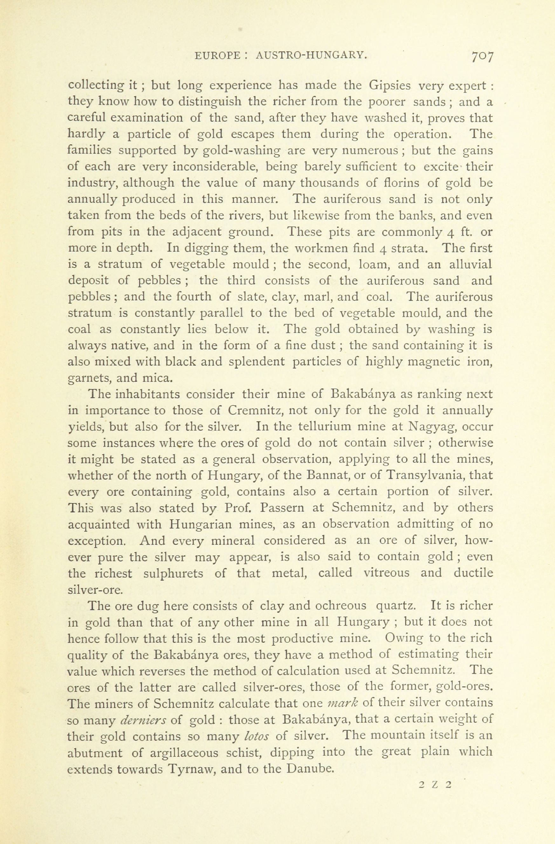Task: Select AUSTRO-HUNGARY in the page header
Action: click(311, 56)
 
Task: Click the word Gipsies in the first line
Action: click(389, 86)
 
